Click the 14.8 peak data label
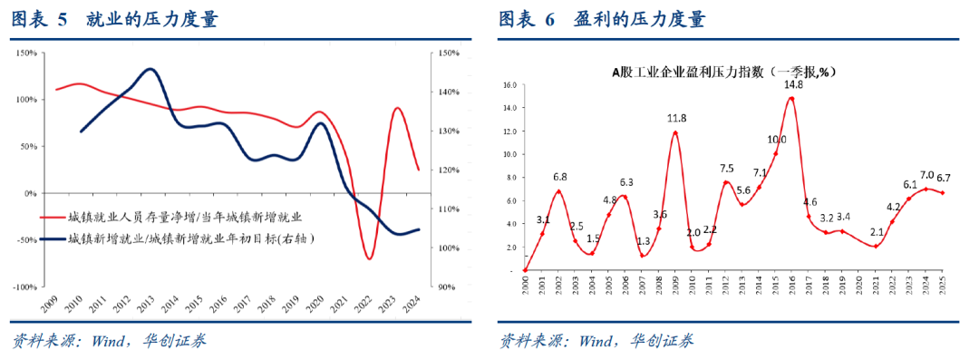pos(794,84)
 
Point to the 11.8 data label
pos(676,118)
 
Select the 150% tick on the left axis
pos(26,53)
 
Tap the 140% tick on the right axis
pos(449,92)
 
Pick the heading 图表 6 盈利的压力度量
pos(602,19)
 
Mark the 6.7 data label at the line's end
pos(943,178)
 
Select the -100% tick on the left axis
pos(24,287)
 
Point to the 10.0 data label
pos(776,140)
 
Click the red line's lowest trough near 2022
pos(370,258)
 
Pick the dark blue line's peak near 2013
pos(150,69)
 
